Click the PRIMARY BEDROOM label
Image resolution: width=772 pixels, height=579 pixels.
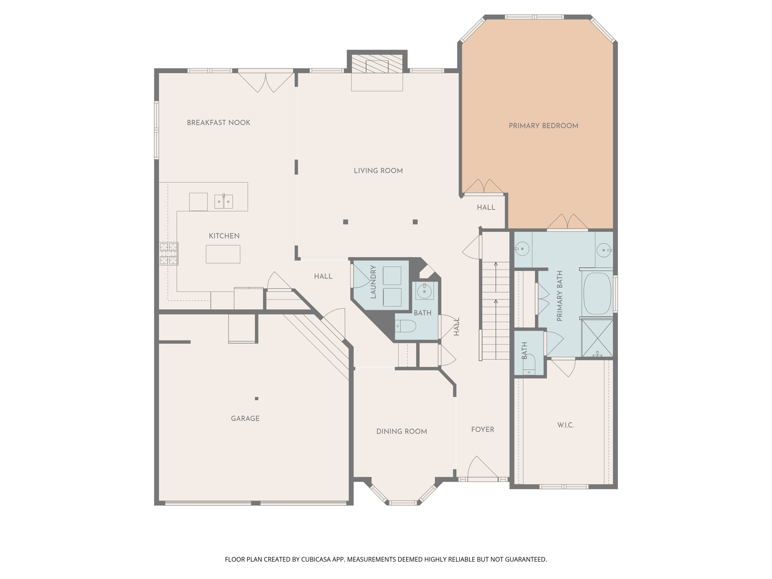543,126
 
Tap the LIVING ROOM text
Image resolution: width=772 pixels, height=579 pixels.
378,171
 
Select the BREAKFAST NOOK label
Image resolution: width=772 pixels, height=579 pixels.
219,123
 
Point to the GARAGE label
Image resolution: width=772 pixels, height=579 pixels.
245,418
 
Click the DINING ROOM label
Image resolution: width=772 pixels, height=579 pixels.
401,432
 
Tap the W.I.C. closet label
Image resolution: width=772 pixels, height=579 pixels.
565,425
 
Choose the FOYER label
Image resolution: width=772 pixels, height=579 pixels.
482,430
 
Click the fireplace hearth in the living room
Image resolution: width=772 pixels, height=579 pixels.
377,81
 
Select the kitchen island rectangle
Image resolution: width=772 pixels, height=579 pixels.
223,254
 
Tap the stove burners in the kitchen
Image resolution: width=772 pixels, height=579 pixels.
168,254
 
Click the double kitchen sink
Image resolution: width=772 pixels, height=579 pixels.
224,202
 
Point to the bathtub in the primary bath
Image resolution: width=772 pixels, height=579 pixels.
597,294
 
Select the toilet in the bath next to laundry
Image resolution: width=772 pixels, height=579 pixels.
406,326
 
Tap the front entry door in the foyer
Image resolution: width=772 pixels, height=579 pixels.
482,471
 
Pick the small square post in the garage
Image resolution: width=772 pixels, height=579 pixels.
257,398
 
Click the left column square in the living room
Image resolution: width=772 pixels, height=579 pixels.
345,222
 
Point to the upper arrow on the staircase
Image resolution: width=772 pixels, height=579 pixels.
496,265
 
